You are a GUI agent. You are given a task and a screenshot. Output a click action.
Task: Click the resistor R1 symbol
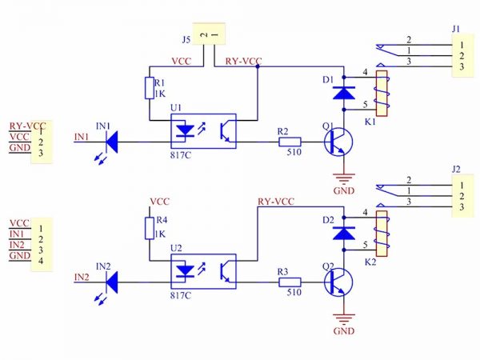click(149, 88)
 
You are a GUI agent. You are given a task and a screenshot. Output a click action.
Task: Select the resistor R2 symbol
click(290, 142)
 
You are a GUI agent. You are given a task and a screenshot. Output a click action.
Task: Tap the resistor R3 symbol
click(290, 282)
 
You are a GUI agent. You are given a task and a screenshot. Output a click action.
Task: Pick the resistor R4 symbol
click(149, 228)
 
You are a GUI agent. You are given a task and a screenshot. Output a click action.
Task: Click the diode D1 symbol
click(344, 93)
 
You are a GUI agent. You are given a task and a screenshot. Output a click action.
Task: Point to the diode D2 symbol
click(344, 232)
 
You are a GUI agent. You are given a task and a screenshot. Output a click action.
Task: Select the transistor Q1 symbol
click(339, 143)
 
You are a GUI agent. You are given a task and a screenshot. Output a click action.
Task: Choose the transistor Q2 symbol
click(339, 282)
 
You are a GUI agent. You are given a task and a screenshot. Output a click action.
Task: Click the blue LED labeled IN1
click(112, 142)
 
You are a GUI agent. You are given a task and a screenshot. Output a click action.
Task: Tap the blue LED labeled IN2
click(112, 282)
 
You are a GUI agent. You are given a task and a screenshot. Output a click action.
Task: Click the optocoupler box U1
click(203, 130)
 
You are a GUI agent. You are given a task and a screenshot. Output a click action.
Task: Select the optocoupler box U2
click(203, 270)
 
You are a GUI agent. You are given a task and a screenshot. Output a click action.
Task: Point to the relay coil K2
click(382, 234)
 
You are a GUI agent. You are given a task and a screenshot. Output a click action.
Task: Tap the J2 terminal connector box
click(461, 197)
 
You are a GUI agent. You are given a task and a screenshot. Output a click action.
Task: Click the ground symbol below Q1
click(344, 179)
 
